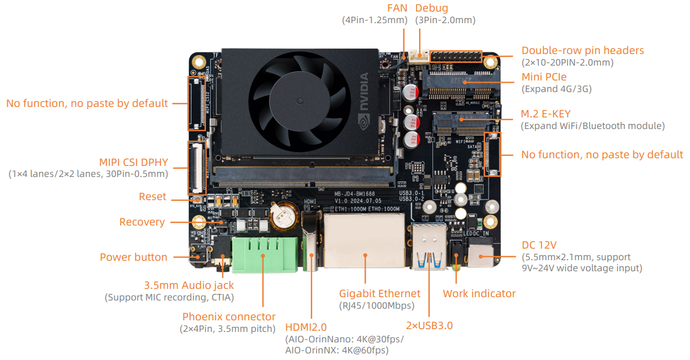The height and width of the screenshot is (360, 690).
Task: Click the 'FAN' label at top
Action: coord(397,8)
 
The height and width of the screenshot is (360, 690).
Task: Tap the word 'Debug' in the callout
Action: coord(431,8)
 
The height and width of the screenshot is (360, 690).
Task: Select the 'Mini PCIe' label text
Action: coord(544,77)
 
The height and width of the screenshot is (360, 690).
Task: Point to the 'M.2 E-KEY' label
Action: coord(546,114)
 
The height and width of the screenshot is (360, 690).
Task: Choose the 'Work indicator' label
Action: coord(479,293)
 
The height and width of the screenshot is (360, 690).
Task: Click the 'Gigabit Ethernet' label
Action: coord(379,293)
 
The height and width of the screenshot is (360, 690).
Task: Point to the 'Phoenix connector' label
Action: coord(229,316)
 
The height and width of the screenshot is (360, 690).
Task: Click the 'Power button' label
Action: coord(133,257)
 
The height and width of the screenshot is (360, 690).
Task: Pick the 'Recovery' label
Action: coord(142,222)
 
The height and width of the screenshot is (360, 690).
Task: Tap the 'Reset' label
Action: coord(152,197)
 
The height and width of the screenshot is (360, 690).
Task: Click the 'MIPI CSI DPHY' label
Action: coord(133,162)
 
